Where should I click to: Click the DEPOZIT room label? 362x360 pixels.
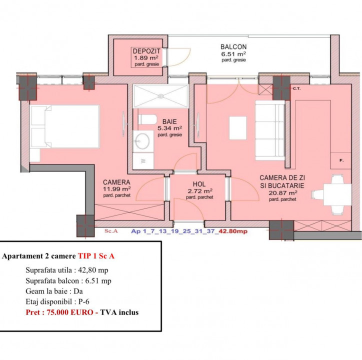(146, 51)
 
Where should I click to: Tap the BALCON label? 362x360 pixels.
(233, 47)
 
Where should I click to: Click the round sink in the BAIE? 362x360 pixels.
(142, 141)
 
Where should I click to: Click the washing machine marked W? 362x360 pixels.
(143, 160)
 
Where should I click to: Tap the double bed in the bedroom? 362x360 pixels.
(64, 126)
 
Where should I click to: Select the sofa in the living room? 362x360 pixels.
(270, 130)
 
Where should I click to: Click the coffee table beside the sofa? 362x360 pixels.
(238, 128)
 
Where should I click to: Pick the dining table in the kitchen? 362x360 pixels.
(337, 194)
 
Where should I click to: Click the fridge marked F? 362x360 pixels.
(341, 160)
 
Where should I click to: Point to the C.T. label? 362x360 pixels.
(296, 88)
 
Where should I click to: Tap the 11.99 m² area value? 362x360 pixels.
(116, 189)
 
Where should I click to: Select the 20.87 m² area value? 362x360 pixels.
(282, 193)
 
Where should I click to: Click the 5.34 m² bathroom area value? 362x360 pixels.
(169, 128)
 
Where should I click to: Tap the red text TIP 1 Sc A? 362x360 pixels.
(96, 256)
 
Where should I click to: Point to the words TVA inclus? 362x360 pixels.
(119, 312)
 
